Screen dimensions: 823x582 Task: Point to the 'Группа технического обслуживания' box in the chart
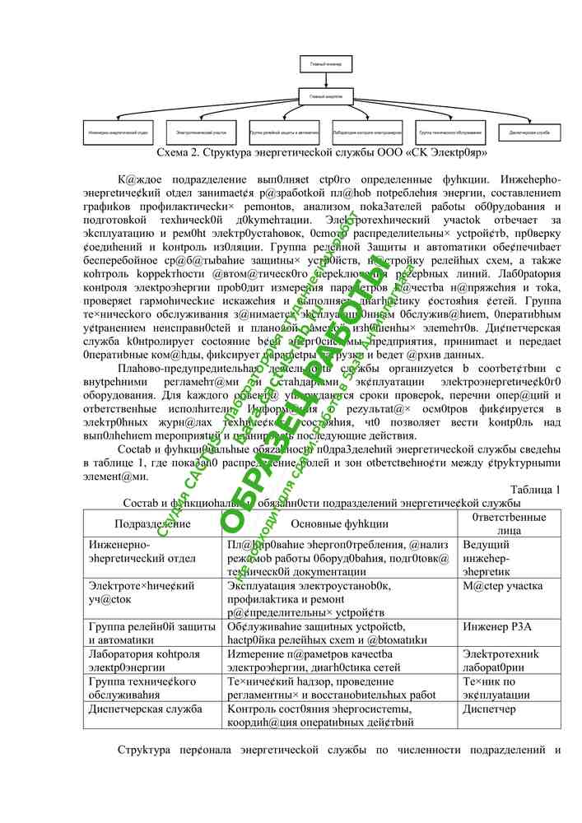click(x=449, y=132)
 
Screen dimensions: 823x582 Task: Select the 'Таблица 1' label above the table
click(x=535, y=491)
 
